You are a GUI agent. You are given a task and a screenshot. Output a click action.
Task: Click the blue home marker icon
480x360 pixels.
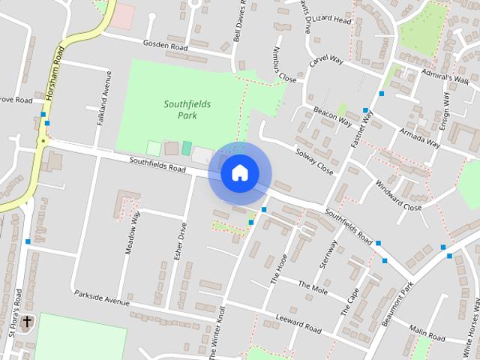pos(239,173)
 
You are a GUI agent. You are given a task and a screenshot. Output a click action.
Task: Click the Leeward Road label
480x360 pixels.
pos(298,323)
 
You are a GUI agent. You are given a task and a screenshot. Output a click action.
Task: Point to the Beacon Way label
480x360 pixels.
pos(332,115)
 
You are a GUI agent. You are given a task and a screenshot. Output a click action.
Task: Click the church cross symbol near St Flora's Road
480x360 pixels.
pos(27,322)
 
